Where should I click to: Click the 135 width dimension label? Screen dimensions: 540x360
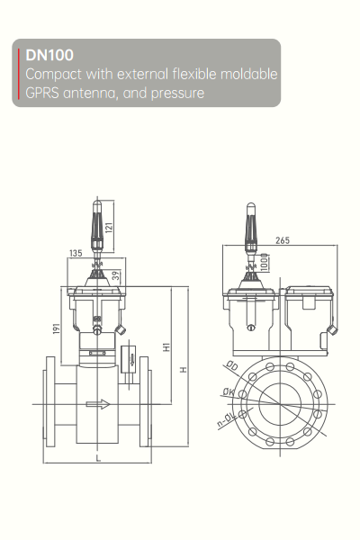(x=76, y=253)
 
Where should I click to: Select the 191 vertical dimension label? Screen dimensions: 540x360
(x=56, y=330)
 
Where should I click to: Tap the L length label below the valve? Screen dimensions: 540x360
(x=95, y=458)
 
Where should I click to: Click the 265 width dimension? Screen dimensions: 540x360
(x=283, y=240)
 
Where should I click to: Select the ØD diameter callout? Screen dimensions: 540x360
(x=231, y=366)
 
